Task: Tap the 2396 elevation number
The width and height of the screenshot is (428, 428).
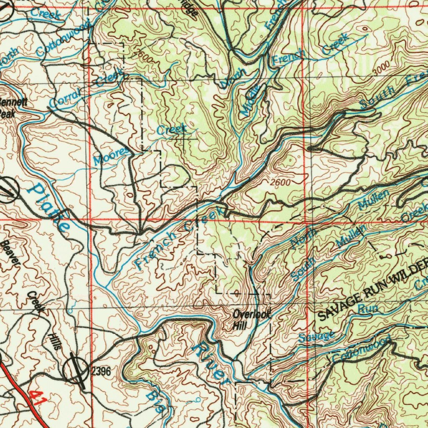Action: tap(101, 371)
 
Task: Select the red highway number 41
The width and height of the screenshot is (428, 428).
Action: tap(38, 397)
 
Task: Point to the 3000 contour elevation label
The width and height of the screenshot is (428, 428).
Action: tap(381, 67)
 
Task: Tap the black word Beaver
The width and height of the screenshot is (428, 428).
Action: tap(11, 252)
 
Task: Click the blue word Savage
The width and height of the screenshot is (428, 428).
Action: tap(317, 336)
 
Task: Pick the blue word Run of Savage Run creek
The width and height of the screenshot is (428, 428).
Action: tap(368, 309)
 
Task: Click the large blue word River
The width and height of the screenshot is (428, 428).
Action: tap(209, 361)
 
